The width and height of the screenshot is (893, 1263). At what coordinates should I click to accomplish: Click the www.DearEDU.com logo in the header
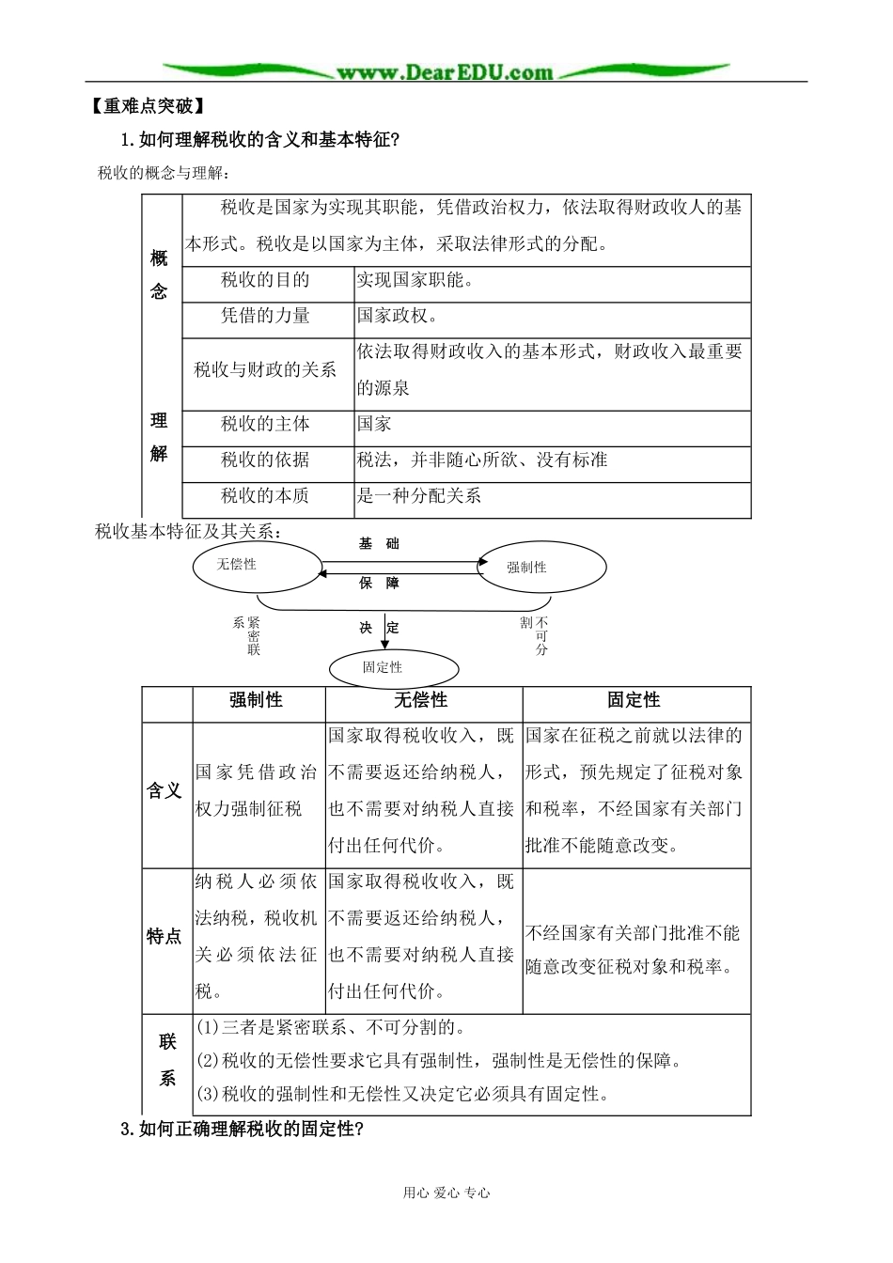point(445,72)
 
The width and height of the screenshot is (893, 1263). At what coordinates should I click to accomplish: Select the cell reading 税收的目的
point(265,280)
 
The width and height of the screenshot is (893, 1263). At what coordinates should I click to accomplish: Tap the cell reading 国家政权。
point(398,316)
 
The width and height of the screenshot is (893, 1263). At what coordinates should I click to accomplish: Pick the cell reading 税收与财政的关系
point(265,369)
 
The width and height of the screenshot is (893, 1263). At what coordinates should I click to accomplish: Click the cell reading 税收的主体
point(265,424)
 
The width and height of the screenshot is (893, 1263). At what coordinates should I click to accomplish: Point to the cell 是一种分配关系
point(419,495)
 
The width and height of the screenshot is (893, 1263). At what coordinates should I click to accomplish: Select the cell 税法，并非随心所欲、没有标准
point(482,460)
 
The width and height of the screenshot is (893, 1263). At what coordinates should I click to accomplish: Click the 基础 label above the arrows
point(379,544)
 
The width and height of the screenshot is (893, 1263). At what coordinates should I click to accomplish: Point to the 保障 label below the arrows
point(379,584)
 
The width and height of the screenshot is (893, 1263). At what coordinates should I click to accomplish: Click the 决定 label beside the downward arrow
point(379,628)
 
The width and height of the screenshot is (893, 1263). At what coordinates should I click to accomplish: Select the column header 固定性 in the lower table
point(634,700)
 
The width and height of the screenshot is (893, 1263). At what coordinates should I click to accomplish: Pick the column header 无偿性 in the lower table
point(420,700)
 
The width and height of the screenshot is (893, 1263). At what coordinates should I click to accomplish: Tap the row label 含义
point(164,791)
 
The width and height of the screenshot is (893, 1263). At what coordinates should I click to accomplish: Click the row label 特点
point(164,937)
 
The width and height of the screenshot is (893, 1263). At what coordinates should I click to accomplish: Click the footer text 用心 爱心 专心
point(446,1193)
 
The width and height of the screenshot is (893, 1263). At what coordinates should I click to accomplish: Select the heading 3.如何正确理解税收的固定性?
point(242,1129)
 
